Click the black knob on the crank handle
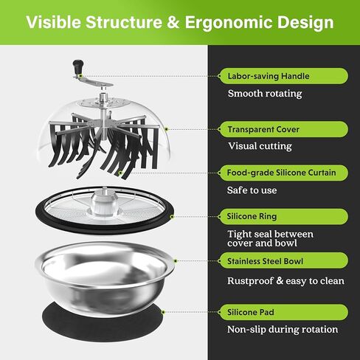[x=78, y=66]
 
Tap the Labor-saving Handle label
[x=269, y=76]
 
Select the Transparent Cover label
[x=263, y=129]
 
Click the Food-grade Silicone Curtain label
[x=281, y=173]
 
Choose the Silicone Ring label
[x=252, y=216]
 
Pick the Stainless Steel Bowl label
[x=265, y=261]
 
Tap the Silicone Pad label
[x=251, y=312]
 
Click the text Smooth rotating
[x=265, y=94]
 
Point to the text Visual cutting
[x=260, y=146]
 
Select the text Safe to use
[x=252, y=190]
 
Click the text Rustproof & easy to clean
[x=285, y=281]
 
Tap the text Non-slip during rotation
[x=283, y=329]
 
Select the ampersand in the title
[x=173, y=22]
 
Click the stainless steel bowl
[x=105, y=278]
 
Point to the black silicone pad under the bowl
[x=102, y=327]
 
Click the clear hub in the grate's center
[x=104, y=203]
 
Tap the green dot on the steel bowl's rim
[x=176, y=261]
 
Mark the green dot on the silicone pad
[x=163, y=312]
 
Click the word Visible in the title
[x=54, y=22]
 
